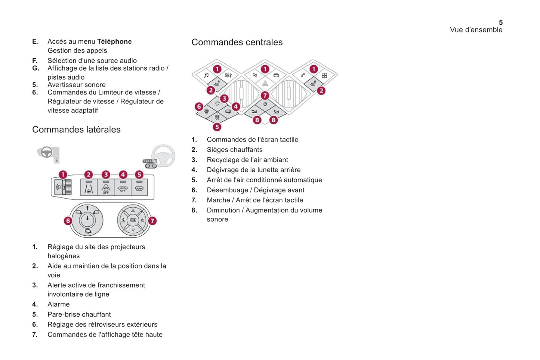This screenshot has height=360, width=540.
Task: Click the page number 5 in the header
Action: point(500,22)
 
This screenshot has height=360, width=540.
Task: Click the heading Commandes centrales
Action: point(237,42)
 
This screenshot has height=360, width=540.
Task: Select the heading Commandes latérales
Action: point(76,130)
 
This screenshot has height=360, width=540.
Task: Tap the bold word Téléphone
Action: point(114,41)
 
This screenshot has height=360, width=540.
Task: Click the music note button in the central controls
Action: point(206,75)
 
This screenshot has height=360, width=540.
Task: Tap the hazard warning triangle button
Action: point(265,84)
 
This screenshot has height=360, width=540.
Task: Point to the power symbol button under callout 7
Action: point(265,104)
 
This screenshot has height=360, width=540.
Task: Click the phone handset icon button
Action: point(303,75)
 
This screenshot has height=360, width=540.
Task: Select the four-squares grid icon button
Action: point(324,75)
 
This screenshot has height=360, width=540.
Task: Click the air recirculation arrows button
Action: point(217,103)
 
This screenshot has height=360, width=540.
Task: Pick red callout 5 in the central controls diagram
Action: point(217,127)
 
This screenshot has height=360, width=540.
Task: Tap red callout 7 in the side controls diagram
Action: point(152,221)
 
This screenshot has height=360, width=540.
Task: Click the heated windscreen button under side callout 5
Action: point(139,188)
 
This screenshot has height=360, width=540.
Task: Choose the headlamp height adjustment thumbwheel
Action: point(68,187)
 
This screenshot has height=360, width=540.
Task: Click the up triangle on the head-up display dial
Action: point(133,211)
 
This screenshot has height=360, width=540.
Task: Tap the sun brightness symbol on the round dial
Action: point(142,220)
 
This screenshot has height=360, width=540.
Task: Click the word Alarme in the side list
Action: point(58,304)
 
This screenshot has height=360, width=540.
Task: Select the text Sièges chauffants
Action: point(234,150)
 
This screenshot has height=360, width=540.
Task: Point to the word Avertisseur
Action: point(66,85)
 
